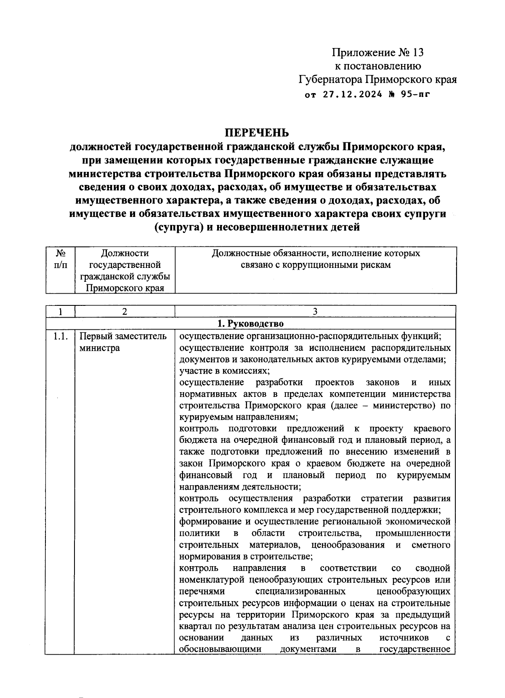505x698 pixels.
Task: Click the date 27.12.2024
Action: (x=353, y=94)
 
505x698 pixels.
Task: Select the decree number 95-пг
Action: (x=416, y=94)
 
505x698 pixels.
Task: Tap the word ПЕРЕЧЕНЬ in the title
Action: (x=257, y=133)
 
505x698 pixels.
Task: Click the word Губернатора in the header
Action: (x=330, y=79)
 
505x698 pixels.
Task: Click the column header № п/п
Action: (x=60, y=259)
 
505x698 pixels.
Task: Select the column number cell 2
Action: (x=125, y=312)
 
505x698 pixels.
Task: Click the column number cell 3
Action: (x=315, y=312)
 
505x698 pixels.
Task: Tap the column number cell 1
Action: (x=60, y=312)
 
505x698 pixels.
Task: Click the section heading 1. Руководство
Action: (x=250, y=324)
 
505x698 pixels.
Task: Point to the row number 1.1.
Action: (x=60, y=336)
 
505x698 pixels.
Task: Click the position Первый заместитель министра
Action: (x=123, y=342)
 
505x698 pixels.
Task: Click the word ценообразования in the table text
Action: (x=348, y=545)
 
